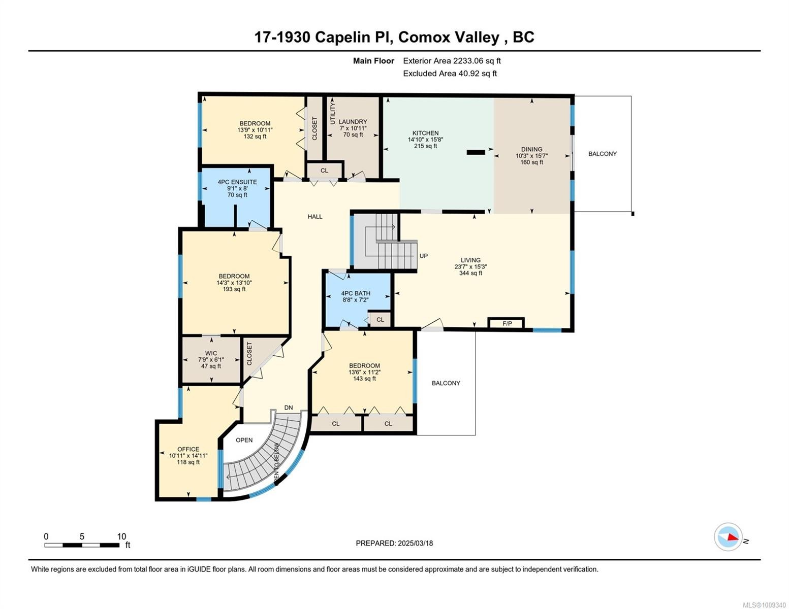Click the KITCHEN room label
click(425, 133)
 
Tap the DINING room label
click(531, 149)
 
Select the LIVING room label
click(470, 260)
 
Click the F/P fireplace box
click(507, 323)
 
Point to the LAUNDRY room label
click(353, 122)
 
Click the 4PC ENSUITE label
click(237, 182)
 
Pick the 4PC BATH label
click(356, 293)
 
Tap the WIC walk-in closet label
click(211, 353)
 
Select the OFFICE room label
click(188, 449)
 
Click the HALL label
click(315, 217)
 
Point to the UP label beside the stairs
click(424, 256)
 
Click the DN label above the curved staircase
click(289, 408)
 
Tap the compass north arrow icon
click(729, 537)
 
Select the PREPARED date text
click(394, 543)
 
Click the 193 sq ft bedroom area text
click(234, 289)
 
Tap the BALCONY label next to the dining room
click(603, 154)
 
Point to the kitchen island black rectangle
click(476, 151)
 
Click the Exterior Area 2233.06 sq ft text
click(452, 61)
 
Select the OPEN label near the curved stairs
click(244, 440)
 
